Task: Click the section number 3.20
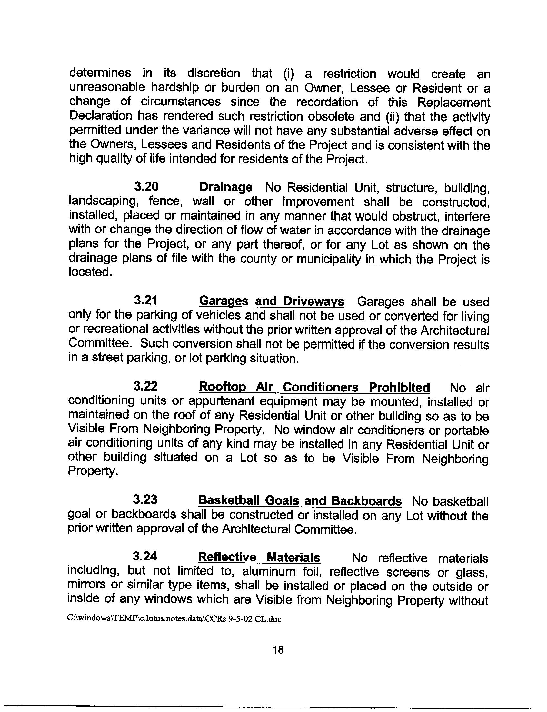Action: coord(146,187)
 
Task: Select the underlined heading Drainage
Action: coord(225,188)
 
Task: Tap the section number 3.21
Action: coord(146,301)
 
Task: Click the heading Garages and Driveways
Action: coord(271,302)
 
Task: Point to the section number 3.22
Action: coord(145,386)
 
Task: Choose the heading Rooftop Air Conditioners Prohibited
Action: coord(314,387)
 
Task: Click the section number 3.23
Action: coord(145,500)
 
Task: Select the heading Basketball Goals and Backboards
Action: coord(300,500)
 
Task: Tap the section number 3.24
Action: coord(145,557)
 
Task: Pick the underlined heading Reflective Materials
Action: coord(259,558)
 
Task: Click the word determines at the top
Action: coord(100,73)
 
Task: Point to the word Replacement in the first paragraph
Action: coord(453,102)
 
